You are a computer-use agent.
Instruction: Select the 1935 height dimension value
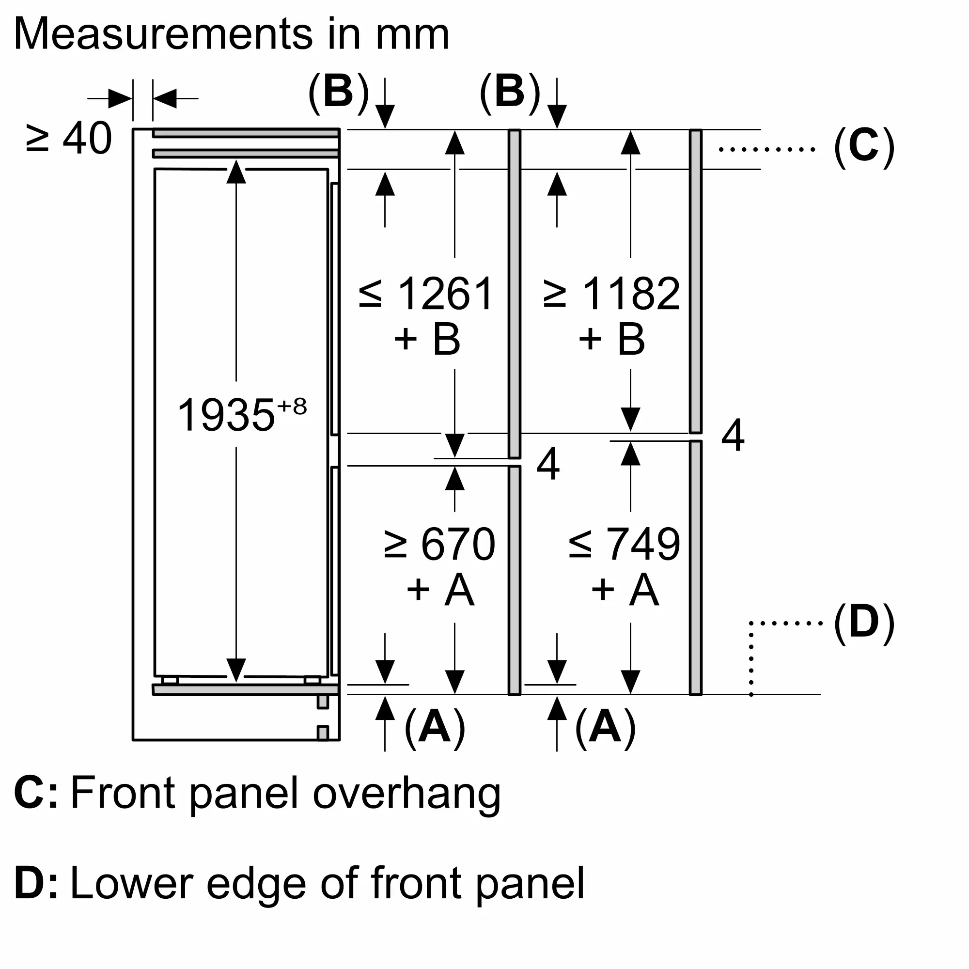tap(226, 415)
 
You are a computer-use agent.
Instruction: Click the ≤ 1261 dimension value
tap(427, 294)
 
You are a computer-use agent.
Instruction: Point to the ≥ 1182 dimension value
tap(612, 294)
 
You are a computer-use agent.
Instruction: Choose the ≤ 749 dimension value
tap(625, 544)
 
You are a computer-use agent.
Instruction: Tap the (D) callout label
tap(864, 622)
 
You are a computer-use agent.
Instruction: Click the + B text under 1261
tap(427, 339)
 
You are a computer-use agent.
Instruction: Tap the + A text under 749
tap(625, 589)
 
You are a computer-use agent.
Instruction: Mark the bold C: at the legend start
tap(35, 793)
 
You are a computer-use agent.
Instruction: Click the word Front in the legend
tap(123, 793)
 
